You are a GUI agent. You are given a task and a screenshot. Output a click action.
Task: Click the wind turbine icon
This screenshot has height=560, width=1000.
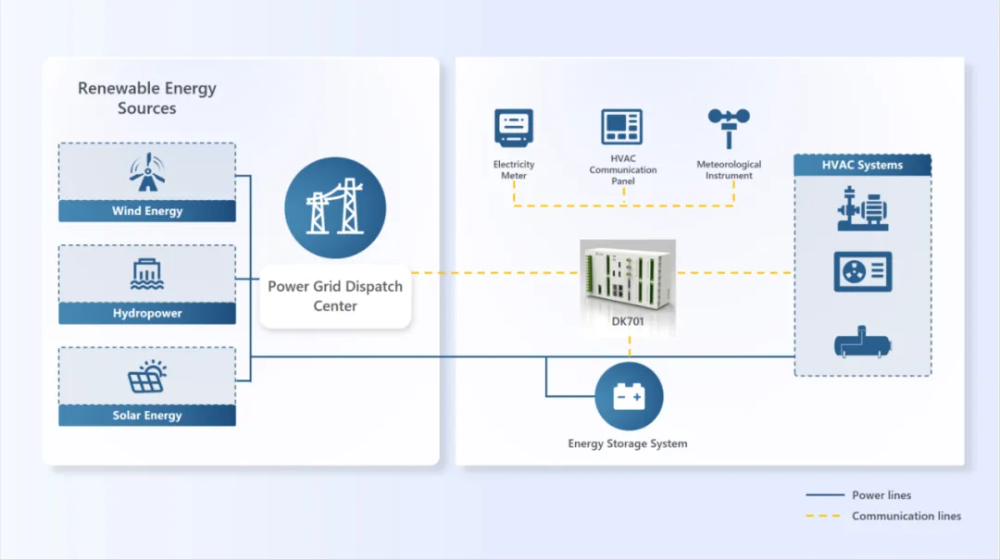tap(146, 172)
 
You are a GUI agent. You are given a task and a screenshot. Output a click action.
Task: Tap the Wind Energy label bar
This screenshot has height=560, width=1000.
tap(147, 211)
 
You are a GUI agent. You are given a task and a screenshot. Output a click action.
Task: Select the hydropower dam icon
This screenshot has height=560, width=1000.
tap(147, 275)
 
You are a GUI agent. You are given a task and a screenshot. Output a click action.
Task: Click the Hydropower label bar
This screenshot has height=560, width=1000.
tap(147, 314)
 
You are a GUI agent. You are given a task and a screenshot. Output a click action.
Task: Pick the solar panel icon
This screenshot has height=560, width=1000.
tap(147, 377)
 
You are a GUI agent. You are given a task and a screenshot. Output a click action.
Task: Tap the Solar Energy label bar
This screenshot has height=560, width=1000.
tap(147, 416)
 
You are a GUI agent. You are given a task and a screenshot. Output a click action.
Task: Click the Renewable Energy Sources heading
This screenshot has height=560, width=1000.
tap(147, 98)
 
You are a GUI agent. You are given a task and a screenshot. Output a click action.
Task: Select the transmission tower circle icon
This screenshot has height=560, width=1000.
tap(335, 209)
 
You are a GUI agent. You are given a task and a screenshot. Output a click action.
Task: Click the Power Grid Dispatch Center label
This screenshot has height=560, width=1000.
tap(335, 296)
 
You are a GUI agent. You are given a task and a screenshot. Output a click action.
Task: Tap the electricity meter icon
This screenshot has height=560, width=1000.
tap(514, 129)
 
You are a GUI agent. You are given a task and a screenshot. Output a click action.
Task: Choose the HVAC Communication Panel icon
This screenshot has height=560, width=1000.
tap(622, 128)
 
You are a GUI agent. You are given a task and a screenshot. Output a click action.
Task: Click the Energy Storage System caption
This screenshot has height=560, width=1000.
tap(628, 443)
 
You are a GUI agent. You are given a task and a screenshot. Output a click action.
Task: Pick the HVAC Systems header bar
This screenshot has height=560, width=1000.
tap(862, 165)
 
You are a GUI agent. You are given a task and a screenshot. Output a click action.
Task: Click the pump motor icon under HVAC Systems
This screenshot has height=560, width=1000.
tap(862, 209)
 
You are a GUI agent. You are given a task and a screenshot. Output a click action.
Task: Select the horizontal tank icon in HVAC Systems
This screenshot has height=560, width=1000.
tap(862, 342)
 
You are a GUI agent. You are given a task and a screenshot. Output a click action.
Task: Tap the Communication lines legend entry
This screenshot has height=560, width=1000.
tap(906, 516)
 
